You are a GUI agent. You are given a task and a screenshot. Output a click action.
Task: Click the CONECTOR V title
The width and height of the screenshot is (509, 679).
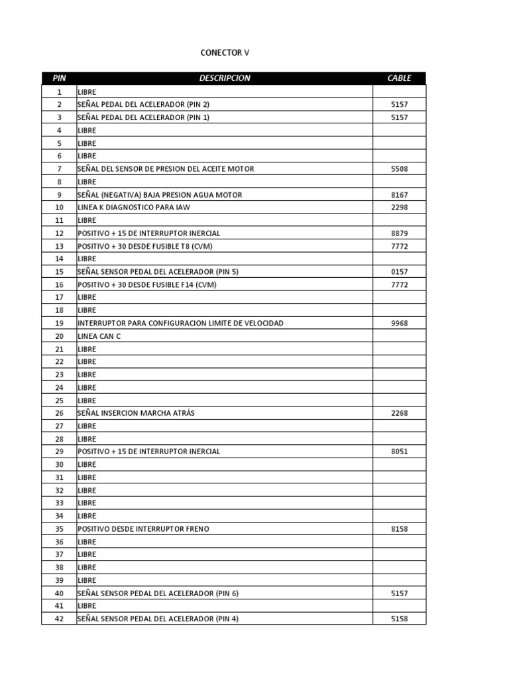click(225, 52)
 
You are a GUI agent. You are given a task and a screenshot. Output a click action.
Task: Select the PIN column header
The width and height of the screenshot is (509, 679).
click(59, 78)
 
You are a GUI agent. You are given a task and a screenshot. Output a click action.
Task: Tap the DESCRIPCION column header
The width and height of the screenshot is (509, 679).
click(225, 78)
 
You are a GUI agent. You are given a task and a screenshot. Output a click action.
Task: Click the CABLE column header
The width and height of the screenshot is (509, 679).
click(399, 78)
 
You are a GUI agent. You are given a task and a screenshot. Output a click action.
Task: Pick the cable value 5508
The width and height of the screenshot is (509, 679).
click(399, 169)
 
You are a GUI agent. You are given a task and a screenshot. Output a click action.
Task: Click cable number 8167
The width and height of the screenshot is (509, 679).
click(399, 195)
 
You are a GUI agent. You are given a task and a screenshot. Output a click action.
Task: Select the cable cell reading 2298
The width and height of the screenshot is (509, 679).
click(399, 208)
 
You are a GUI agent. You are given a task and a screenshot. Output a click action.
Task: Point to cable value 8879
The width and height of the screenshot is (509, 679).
click(399, 233)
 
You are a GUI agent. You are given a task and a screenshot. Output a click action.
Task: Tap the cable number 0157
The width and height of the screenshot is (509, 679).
click(399, 272)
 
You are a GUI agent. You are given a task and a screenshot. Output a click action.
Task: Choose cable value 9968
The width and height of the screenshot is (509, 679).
click(399, 323)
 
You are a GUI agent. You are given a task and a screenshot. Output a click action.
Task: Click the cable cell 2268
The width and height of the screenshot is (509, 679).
click(399, 413)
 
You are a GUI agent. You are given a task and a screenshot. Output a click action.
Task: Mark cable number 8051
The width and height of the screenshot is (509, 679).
click(399, 452)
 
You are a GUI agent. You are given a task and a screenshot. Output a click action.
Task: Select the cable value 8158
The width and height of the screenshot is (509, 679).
click(399, 529)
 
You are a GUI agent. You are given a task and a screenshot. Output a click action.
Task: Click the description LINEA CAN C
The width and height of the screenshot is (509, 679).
click(99, 336)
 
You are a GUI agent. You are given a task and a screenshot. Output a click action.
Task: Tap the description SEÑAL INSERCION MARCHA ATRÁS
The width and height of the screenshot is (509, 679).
click(136, 413)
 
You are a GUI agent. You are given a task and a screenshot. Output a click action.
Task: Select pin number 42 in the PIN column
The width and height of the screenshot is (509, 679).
click(59, 619)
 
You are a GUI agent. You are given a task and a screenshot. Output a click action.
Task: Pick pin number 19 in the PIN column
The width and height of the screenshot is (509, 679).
click(59, 323)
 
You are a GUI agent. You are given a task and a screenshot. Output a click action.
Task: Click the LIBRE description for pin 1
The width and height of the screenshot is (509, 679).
click(87, 92)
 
